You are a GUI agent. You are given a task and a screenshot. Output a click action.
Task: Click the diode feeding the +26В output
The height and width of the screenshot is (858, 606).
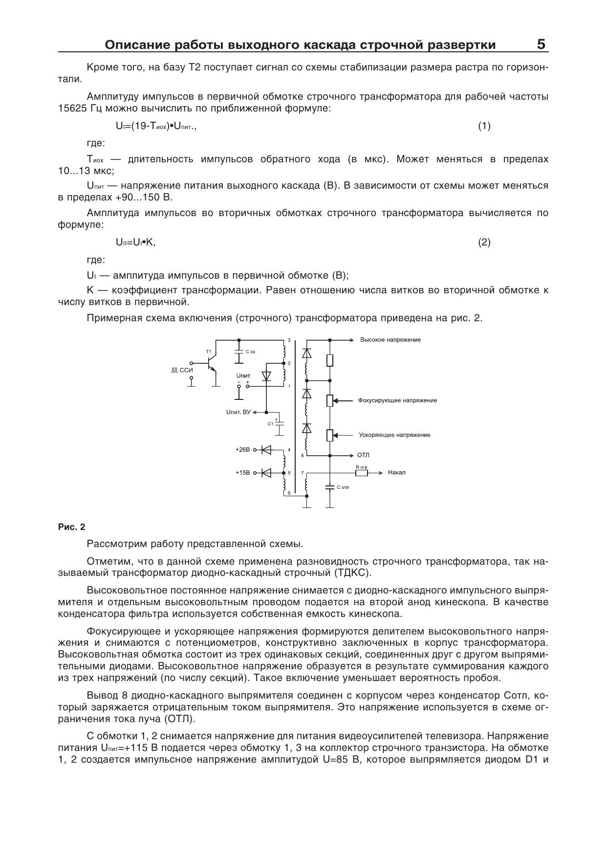(266, 449)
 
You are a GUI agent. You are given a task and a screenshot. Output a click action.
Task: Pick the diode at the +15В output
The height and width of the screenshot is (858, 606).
(266, 473)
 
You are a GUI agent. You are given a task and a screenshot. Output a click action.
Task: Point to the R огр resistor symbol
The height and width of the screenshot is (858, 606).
(362, 473)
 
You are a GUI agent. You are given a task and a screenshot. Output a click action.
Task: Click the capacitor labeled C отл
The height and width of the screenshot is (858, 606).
(330, 487)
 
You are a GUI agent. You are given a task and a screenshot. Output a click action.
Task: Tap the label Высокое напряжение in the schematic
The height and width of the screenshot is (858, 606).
(390, 340)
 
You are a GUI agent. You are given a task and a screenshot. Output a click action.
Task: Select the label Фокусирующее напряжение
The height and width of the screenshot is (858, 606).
(397, 400)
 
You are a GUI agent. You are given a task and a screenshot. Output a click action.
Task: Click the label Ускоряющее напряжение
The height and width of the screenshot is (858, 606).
(394, 435)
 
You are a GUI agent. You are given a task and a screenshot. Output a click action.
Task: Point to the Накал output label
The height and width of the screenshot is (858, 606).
(396, 473)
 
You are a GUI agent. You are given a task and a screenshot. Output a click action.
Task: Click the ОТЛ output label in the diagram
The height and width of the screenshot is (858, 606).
(363, 455)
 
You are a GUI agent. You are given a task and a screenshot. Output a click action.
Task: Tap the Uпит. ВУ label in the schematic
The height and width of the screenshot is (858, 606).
(238, 412)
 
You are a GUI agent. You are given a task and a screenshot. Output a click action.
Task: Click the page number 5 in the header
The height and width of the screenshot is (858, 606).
(541, 44)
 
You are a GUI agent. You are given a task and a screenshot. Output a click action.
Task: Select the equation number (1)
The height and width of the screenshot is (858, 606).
(484, 126)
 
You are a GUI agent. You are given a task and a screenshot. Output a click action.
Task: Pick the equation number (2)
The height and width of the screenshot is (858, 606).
(484, 242)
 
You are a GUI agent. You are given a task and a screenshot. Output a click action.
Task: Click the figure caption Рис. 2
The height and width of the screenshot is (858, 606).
(71, 527)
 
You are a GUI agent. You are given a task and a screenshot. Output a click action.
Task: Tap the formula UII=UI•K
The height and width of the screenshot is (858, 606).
(135, 242)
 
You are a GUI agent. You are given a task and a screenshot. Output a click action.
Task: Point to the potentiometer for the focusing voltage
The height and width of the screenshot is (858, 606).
(330, 400)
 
